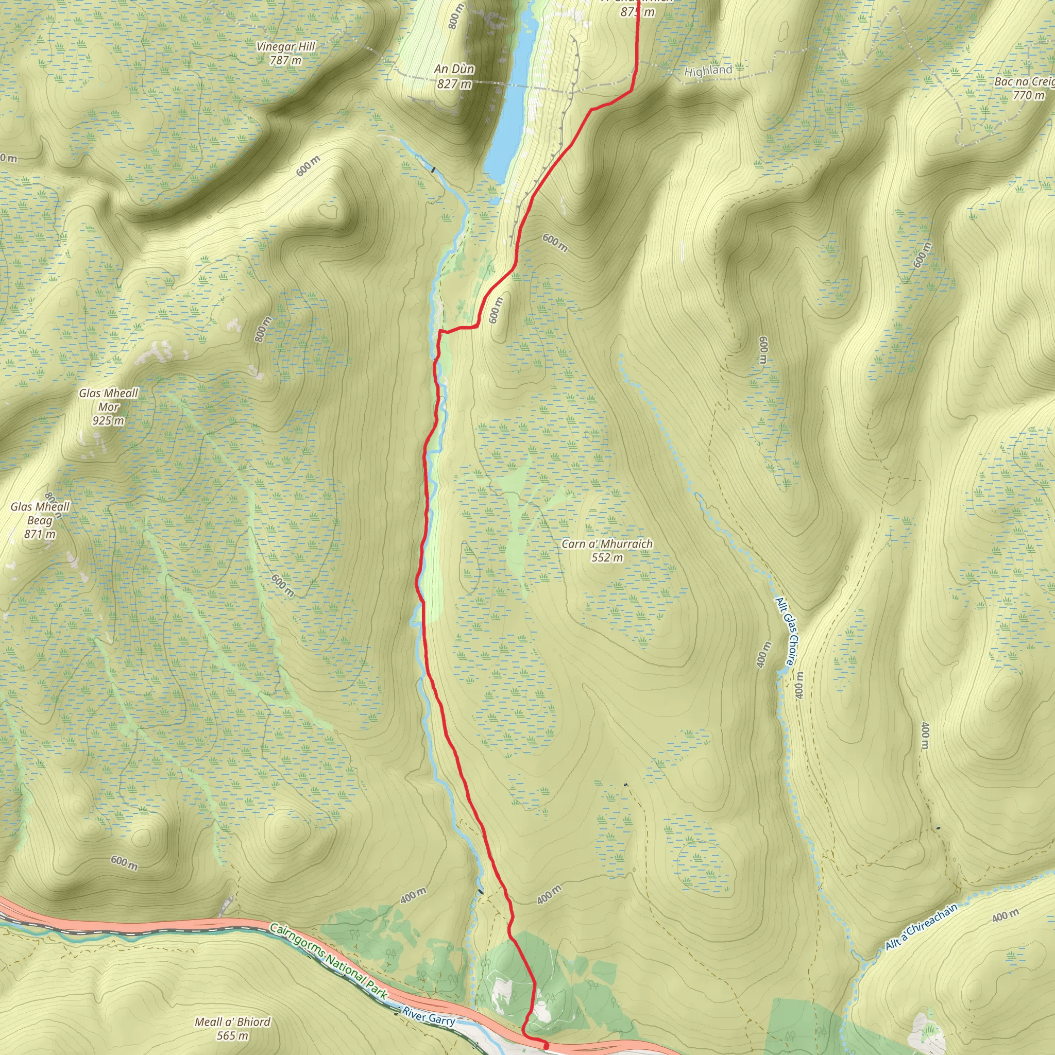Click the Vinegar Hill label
(285, 46)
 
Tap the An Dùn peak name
(454, 69)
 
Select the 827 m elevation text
(454, 84)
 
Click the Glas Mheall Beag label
(40, 513)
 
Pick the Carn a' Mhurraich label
(607, 544)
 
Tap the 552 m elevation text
(607, 557)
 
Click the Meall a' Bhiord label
(233, 1022)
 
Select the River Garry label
(429, 1018)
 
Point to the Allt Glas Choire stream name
(785, 632)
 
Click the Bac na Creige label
(1024, 81)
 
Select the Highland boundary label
(708, 71)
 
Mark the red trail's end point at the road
(546, 1045)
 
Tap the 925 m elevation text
(108, 420)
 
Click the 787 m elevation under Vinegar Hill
(285, 60)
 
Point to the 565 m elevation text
(233, 1035)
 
